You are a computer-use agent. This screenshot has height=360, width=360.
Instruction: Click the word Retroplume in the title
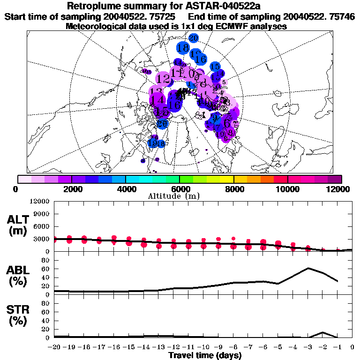(92, 6)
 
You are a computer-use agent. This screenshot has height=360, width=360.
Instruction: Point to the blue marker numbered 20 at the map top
(193, 37)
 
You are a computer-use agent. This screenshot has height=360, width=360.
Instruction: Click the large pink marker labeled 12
(164, 78)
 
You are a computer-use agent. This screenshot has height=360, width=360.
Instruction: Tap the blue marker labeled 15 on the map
(215, 67)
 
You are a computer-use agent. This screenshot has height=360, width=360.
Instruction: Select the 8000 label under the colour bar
(233, 189)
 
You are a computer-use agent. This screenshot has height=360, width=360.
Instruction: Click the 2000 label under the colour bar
(71, 189)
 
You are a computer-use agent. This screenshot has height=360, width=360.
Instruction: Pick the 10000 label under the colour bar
(287, 189)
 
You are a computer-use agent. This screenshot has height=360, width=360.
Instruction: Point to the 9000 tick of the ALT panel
(42, 214)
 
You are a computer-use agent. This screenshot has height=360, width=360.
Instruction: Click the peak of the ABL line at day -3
(308, 268)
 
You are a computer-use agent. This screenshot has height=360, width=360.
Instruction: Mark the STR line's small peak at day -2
(322, 332)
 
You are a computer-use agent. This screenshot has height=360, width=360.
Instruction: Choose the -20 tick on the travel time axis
(54, 348)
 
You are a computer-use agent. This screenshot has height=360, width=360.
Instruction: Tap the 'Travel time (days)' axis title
(205, 356)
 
